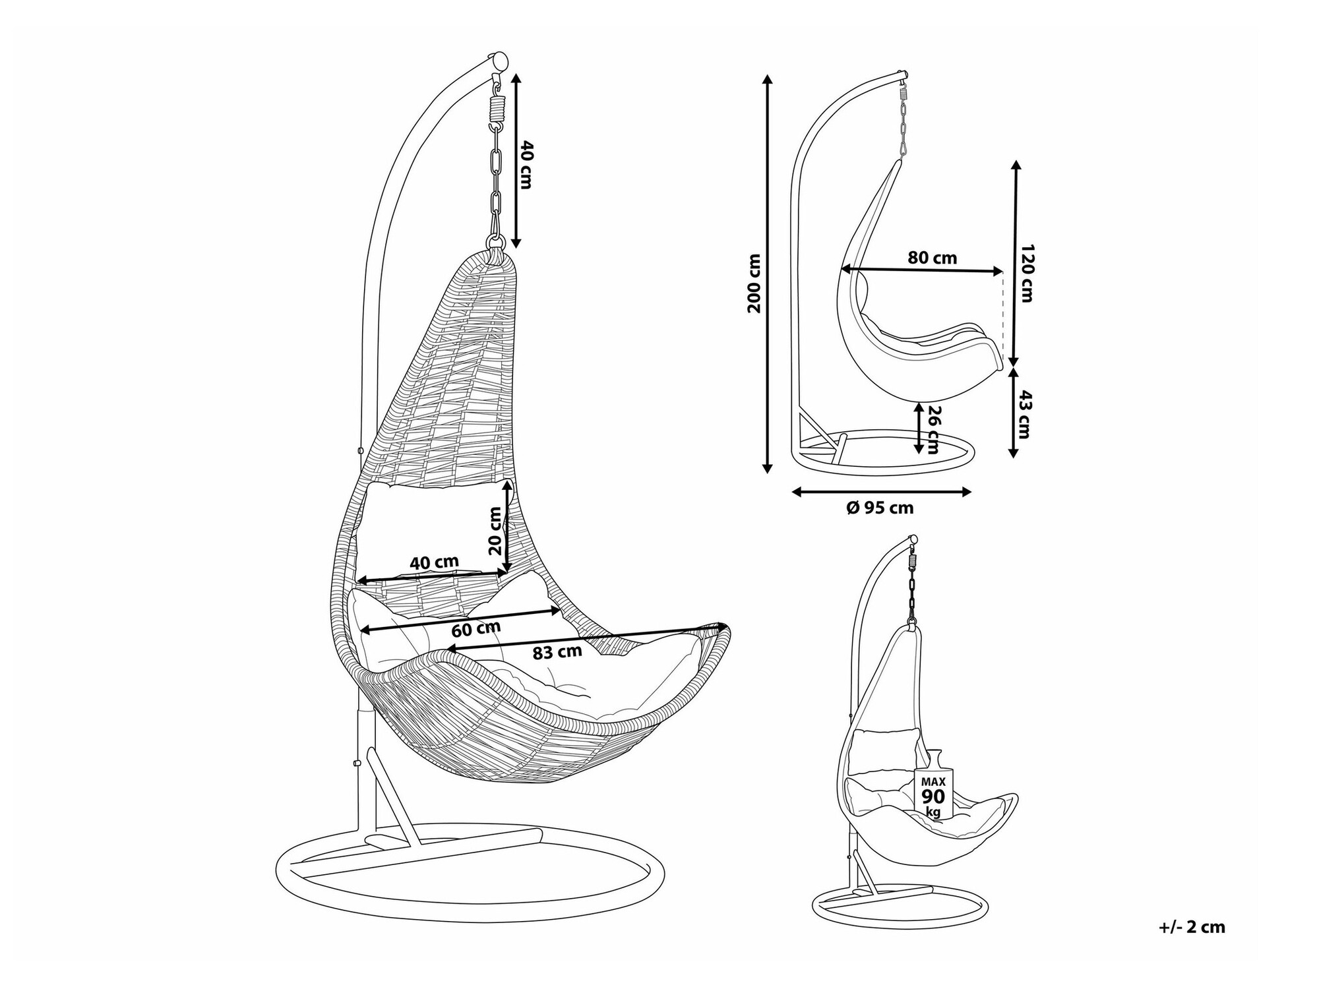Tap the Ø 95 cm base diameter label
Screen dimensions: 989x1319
pos(879,508)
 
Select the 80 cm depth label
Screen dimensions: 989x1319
pos(932,258)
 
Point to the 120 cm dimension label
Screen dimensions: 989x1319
pos(1026,273)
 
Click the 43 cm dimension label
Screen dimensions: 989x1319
pos(1024,414)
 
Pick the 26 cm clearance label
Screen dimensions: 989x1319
pos(934,429)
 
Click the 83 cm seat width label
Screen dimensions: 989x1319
pos(557,652)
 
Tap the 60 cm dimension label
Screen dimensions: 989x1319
pos(475,629)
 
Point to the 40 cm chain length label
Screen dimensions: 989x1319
pos(525,164)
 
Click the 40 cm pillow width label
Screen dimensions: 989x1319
pos(434,562)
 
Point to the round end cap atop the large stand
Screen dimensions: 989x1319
pos(499,62)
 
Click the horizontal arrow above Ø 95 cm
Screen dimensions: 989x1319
pos(881,492)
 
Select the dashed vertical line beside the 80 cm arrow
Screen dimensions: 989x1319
pos(1002,313)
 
